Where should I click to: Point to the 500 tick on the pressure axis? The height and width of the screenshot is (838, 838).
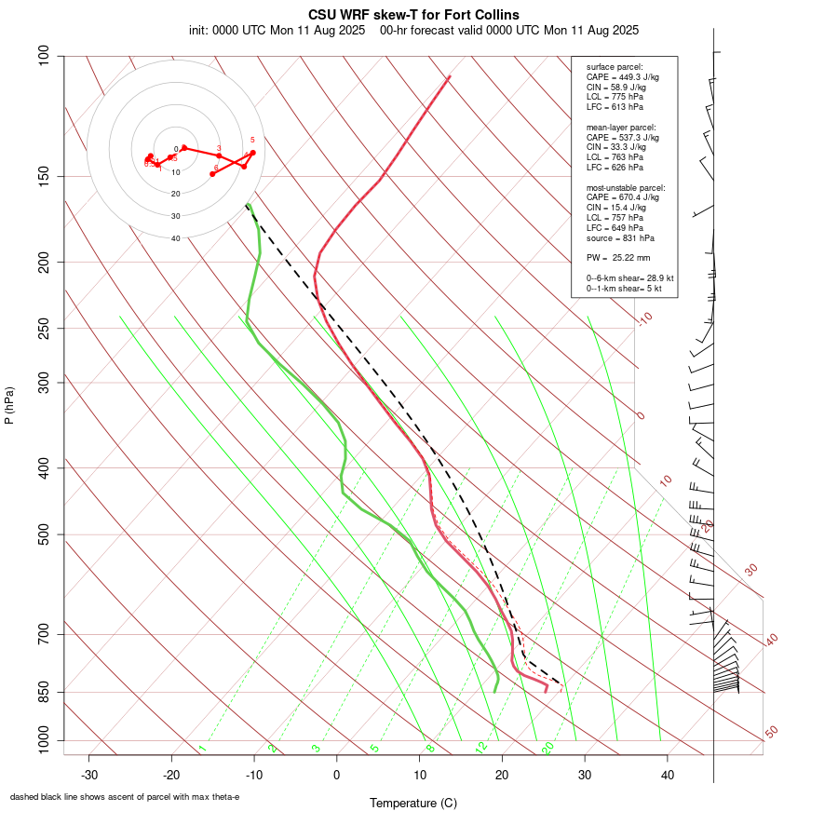43,534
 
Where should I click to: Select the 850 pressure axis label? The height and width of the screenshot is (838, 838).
43,692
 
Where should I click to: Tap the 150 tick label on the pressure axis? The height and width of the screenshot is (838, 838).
43,176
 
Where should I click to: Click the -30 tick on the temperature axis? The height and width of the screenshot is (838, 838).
89,775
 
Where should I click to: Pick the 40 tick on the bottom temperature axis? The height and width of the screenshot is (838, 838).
668,775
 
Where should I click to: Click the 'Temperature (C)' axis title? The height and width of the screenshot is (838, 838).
412,803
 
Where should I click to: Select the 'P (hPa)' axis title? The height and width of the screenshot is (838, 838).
9,405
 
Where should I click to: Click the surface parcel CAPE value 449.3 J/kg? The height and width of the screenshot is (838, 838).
623,77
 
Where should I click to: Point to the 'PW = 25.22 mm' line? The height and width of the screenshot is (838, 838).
618,257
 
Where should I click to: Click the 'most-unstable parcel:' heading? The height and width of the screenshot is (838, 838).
626,187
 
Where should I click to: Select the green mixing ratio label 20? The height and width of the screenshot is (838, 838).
548,748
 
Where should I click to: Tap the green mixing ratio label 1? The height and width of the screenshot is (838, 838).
202,748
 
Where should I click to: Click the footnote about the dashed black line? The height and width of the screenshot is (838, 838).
125,797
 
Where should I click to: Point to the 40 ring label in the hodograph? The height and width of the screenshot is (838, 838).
175,238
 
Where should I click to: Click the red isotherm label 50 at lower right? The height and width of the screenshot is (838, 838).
771,733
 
